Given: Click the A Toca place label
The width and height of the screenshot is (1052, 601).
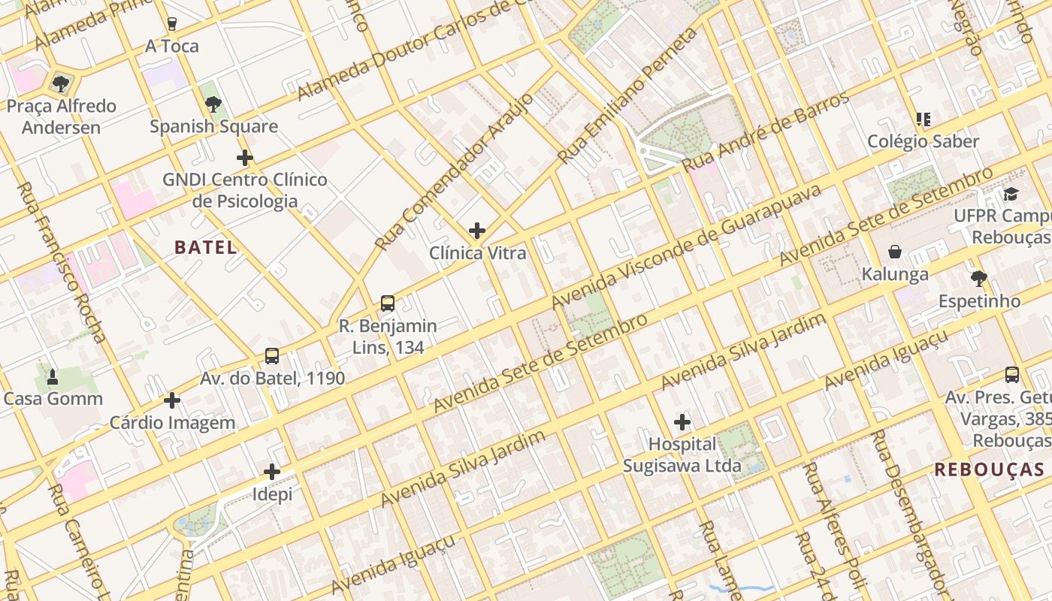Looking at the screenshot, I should pos(172,47).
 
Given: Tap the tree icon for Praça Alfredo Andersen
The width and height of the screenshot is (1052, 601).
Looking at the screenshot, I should pos(61,83).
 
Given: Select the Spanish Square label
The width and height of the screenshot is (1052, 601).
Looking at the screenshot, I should pos(213,126).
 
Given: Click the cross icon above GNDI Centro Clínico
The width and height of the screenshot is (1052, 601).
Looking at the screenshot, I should pos(244,158).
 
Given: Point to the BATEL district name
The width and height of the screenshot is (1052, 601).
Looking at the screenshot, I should pos(206,247).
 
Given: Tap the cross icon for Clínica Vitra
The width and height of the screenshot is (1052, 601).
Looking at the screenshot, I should pos(477,231).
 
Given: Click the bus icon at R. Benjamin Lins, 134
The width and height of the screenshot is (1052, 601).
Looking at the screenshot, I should pos(388,304).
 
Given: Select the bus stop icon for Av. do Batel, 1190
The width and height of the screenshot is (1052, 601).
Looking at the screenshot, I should pos(272,356).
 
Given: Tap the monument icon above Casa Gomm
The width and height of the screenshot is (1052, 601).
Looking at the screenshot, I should pos(53,376).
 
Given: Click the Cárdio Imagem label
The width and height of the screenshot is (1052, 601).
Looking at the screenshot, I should pos(173,423).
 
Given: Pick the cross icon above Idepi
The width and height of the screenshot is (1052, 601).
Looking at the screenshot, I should pos(272,472).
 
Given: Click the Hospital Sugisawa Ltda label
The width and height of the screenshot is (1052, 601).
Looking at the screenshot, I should pos(682,455).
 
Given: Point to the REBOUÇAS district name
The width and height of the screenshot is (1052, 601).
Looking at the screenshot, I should pos(990,470).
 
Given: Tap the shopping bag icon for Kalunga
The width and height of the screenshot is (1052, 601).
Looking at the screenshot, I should pos(895,252).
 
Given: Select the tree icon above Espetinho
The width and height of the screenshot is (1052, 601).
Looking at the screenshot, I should pos(978,279).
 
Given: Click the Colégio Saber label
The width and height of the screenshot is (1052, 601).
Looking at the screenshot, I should pos(924,141).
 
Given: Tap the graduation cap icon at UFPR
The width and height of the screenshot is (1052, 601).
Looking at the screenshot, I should pos(1011,195).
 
